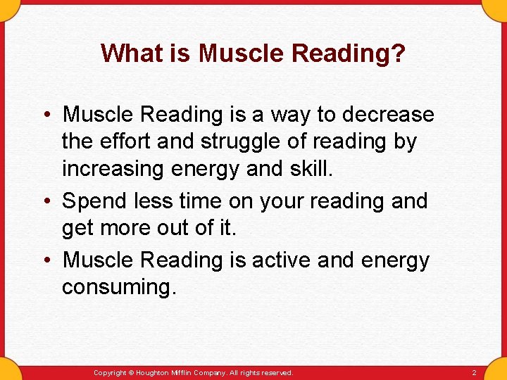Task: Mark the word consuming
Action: (118, 287)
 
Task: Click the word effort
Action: (129, 141)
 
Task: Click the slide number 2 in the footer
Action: (474, 373)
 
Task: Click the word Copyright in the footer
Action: (110, 373)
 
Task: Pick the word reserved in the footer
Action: (276, 373)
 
